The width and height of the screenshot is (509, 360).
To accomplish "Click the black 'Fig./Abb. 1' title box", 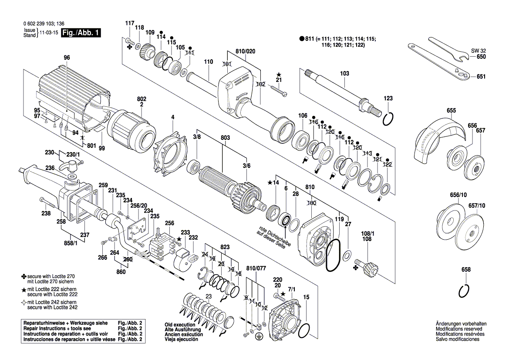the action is pyautogui.click(x=81, y=33).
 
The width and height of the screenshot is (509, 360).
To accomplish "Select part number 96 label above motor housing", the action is pyautogui.click(x=67, y=58).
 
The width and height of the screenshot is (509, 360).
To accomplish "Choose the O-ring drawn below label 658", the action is pyautogui.click(x=464, y=290).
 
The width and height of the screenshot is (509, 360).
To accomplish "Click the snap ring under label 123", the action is pyautogui.click(x=388, y=119).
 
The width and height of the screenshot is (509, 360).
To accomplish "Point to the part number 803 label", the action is pyautogui.click(x=225, y=138).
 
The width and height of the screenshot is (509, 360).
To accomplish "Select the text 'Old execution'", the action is pyautogui.click(x=180, y=325).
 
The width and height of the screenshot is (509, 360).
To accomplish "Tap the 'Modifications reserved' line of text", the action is pyautogui.click(x=459, y=329).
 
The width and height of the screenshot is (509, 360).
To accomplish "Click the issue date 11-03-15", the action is pyautogui.click(x=49, y=33).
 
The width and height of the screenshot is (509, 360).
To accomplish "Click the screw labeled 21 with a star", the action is pyautogui.click(x=279, y=90).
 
